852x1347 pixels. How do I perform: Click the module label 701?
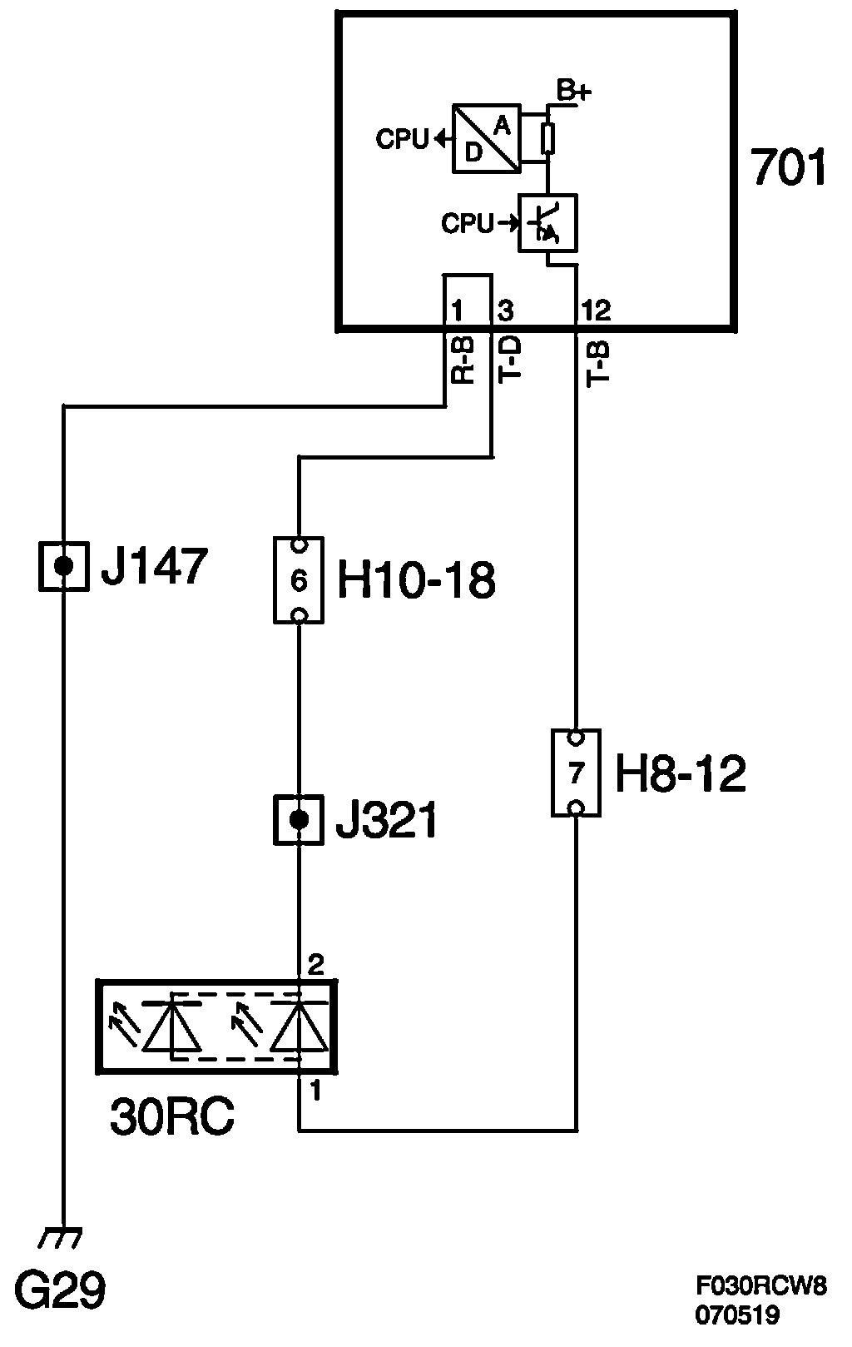pyautogui.click(x=788, y=167)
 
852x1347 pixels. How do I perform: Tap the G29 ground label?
pyautogui.click(x=62, y=1293)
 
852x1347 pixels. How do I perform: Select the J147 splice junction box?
pyautogui.click(x=63, y=566)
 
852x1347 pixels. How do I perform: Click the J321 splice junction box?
pyautogui.click(x=299, y=820)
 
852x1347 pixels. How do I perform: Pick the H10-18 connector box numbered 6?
pyautogui.click(x=299, y=579)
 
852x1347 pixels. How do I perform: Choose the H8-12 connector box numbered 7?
pyautogui.click(x=576, y=773)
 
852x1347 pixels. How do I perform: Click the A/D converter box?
pyautogui.click(x=487, y=138)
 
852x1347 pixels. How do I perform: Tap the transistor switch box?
pyautogui.click(x=547, y=223)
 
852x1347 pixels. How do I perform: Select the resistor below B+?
pyautogui.click(x=547, y=138)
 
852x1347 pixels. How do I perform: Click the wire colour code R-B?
pyautogui.click(x=463, y=360)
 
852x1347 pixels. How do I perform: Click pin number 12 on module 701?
pyautogui.click(x=596, y=311)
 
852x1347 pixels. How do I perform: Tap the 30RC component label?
pyautogui.click(x=171, y=1118)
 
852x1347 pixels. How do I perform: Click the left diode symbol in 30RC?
pyautogui.click(x=172, y=1026)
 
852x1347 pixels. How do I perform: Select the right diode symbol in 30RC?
pyautogui.click(x=298, y=1026)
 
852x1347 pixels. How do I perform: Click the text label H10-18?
pyautogui.click(x=415, y=580)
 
